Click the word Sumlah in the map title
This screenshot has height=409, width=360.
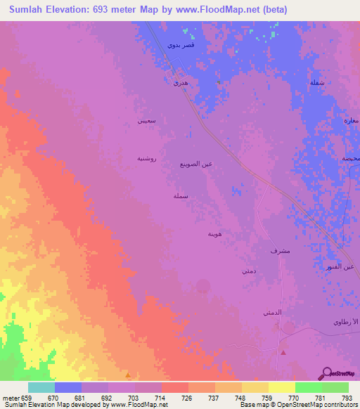click(30, 10)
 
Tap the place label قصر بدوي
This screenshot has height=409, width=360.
click(181, 45)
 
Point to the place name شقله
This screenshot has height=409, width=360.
click(317, 83)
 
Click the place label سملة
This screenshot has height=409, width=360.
click(181, 197)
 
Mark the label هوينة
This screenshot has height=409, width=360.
click(216, 233)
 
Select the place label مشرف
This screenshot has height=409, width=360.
click(279, 250)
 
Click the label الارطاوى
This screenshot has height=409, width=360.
click(346, 321)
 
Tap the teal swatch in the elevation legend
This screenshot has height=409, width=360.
click(41, 387)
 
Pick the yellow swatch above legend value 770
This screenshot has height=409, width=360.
click(281, 387)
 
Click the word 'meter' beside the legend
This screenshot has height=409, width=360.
click(10, 398)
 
